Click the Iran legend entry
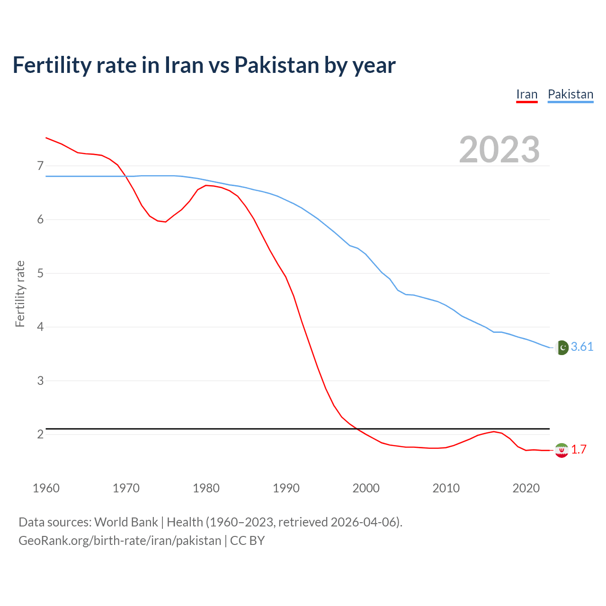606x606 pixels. pyautogui.click(x=526, y=94)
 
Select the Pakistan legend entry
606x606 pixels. pyautogui.click(x=570, y=94)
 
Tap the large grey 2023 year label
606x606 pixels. pyautogui.click(x=499, y=150)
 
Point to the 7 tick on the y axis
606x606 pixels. pyautogui.click(x=40, y=166)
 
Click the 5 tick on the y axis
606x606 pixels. pyautogui.click(x=40, y=273)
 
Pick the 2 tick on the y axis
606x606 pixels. pyautogui.click(x=40, y=434)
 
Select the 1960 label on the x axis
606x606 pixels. pyautogui.click(x=46, y=488)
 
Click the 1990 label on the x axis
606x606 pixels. pyautogui.click(x=286, y=488)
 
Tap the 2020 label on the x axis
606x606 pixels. pyautogui.click(x=526, y=488)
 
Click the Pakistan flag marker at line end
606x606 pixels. pyautogui.click(x=561, y=348)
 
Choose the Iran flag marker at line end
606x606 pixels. pyautogui.click(x=561, y=450)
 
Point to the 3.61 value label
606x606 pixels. pyautogui.click(x=582, y=347)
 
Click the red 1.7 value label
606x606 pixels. pyautogui.click(x=579, y=450)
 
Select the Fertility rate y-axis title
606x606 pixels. pyautogui.click(x=20, y=294)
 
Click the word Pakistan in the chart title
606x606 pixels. pyautogui.click(x=276, y=65)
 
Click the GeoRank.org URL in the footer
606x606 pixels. pyautogui.click(x=120, y=541)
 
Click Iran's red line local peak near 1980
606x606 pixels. pyautogui.click(x=206, y=185)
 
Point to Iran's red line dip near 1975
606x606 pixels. pyautogui.click(x=165, y=222)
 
